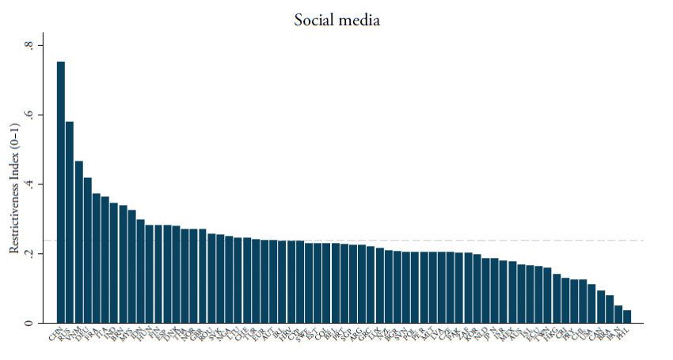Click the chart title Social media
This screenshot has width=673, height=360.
336,20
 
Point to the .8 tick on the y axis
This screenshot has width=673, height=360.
29,46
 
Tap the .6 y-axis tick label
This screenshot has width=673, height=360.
29,116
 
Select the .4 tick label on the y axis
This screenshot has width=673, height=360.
29,184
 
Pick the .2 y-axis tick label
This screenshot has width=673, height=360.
29,254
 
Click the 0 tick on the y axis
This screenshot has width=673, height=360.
29,323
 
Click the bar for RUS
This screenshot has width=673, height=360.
70,222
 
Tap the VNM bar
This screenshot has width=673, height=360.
78,242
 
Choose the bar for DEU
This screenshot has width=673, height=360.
87,250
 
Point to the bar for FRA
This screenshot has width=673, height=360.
97,258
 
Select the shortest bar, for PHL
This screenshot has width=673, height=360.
627,316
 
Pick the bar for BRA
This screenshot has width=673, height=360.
610,309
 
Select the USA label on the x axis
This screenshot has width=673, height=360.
587,335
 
